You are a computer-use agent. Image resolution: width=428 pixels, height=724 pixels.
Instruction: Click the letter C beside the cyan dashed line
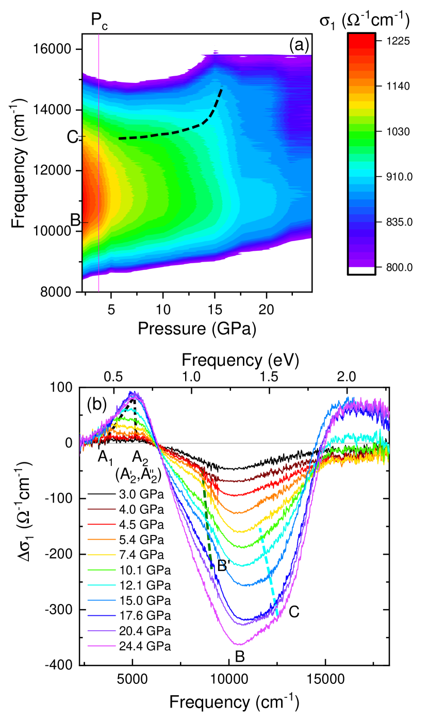click(294, 612)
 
